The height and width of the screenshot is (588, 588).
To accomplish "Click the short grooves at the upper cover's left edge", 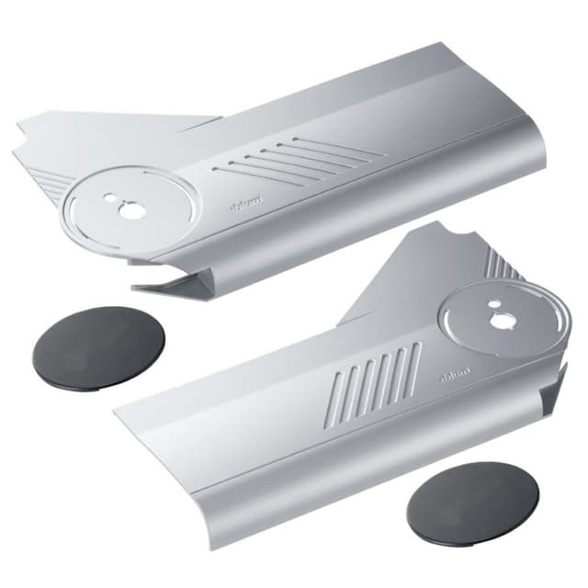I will click(56, 188).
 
